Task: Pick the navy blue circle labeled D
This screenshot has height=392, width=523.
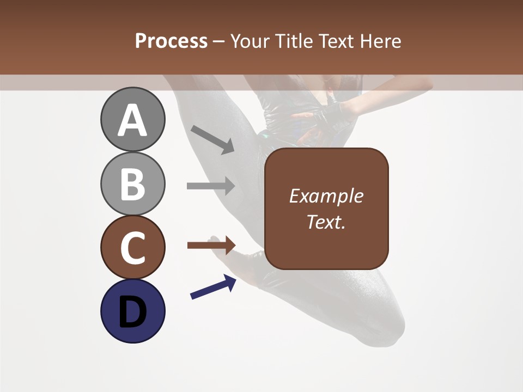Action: (132, 311)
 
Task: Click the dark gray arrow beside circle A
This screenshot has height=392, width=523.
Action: (212, 139)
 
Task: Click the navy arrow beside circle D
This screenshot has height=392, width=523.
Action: (213, 287)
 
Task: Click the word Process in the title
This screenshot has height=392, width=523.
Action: (171, 41)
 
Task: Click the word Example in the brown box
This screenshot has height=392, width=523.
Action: (326, 196)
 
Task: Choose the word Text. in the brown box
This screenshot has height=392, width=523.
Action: (326, 222)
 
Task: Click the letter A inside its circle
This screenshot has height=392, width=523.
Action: (132, 120)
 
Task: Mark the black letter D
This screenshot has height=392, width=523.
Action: (132, 312)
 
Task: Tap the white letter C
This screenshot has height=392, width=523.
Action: (132, 248)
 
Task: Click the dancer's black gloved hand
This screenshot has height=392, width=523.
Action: (333, 113)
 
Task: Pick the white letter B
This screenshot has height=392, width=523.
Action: (132, 184)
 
